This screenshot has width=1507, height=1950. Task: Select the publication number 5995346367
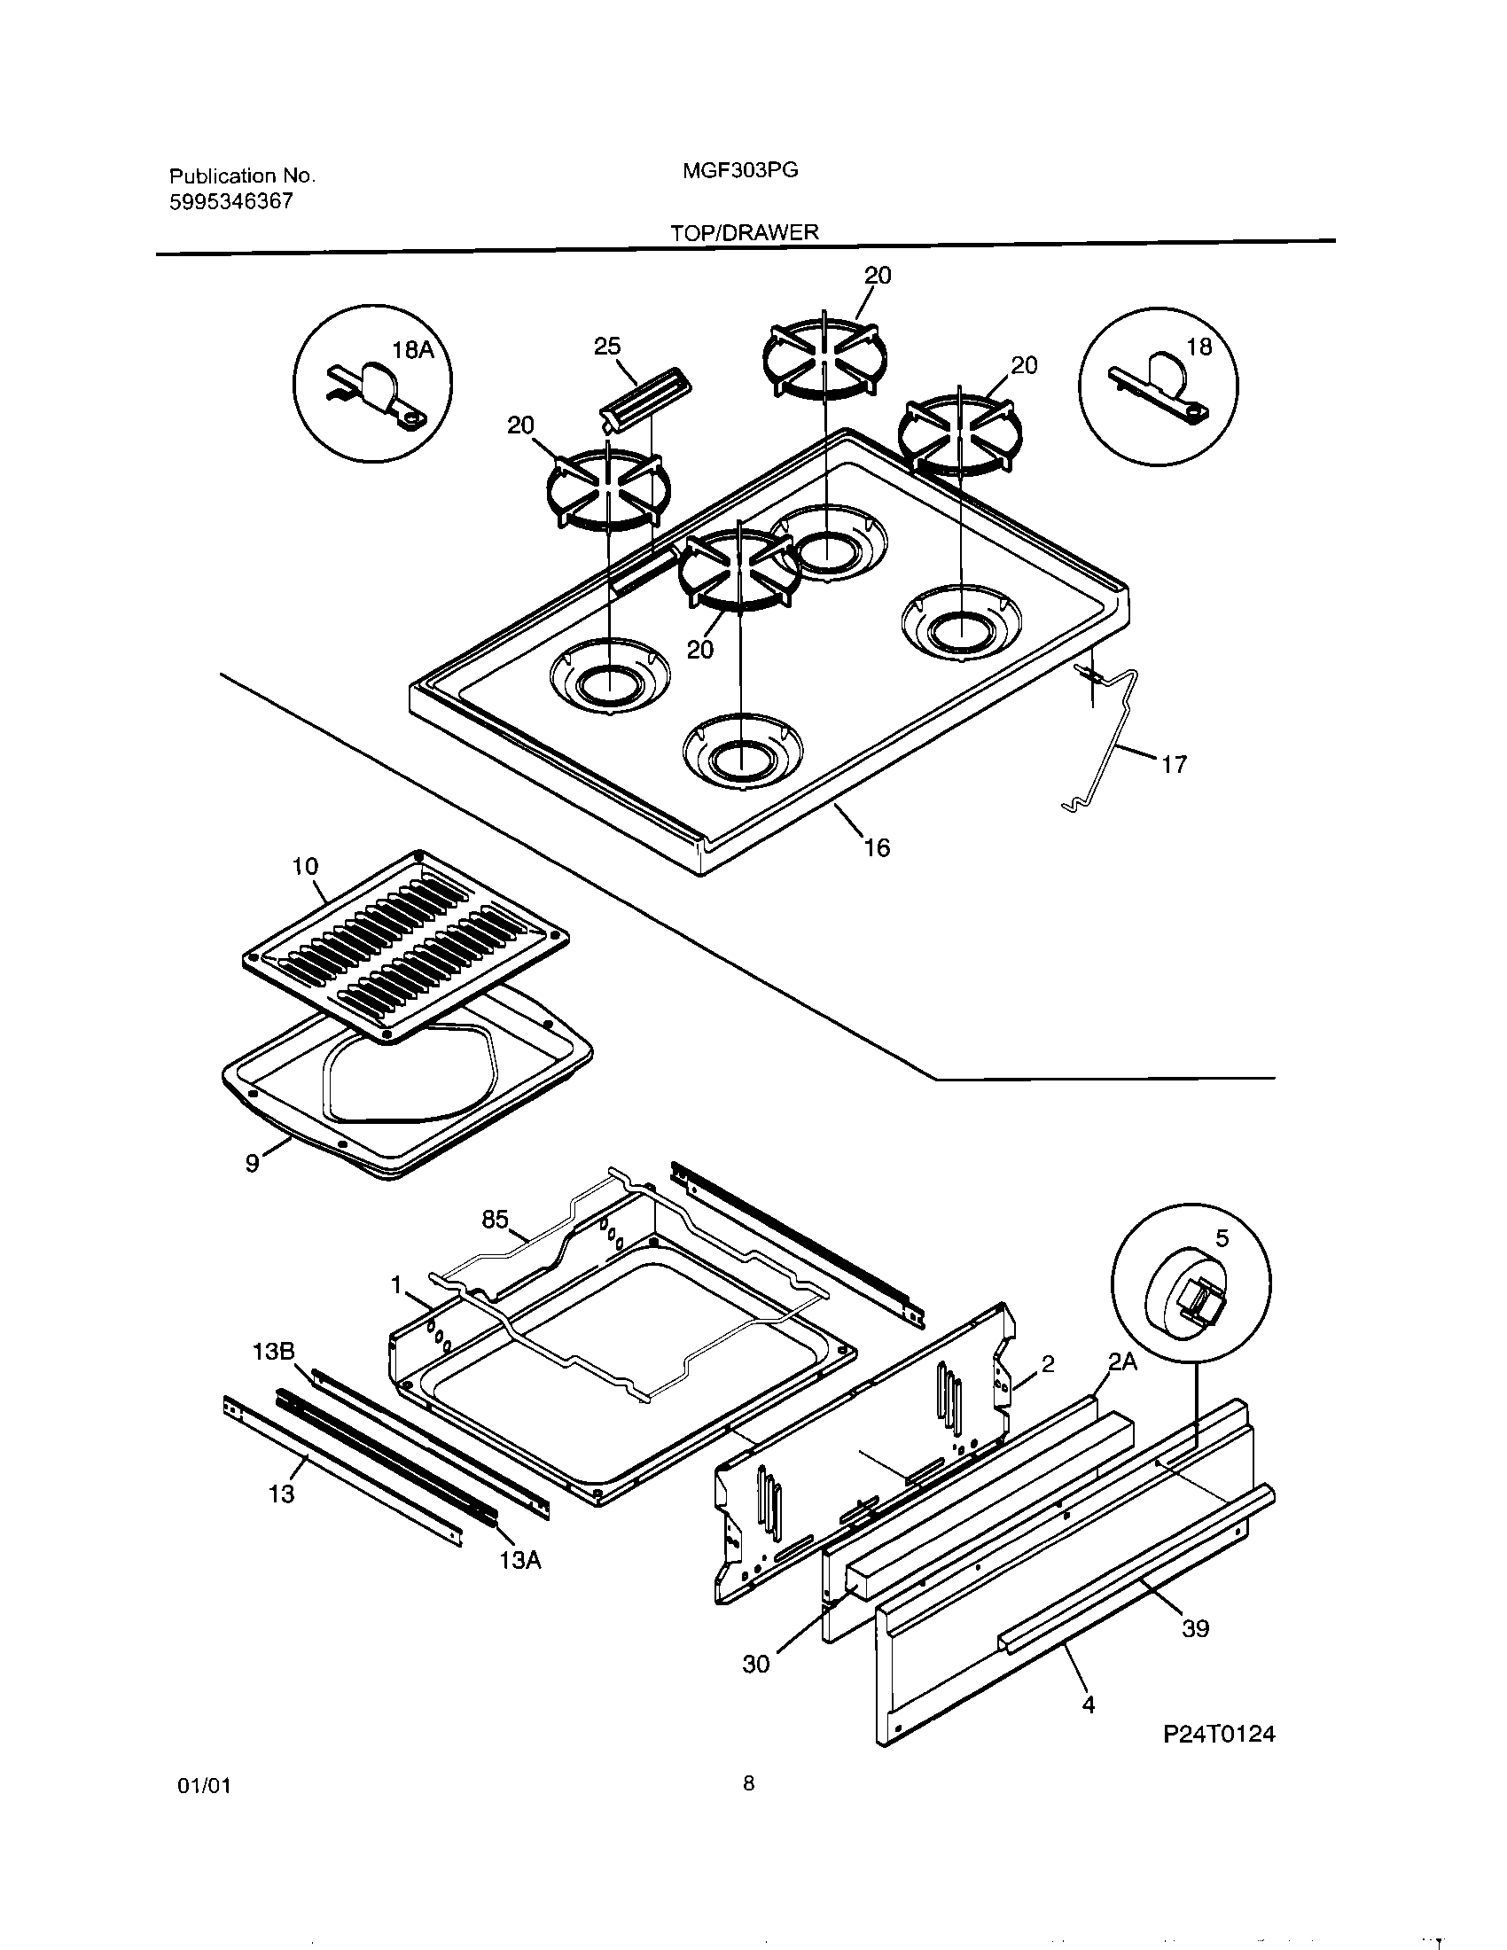231,202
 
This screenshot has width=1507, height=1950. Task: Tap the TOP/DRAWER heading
745,232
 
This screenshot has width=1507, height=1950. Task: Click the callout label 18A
413,350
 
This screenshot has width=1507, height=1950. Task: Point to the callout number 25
607,347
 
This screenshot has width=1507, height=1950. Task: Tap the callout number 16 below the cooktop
877,846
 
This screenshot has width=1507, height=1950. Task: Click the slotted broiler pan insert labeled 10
406,947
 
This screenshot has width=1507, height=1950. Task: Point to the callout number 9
253,1164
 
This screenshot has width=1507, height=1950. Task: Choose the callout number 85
495,1220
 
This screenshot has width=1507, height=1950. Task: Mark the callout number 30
755,1665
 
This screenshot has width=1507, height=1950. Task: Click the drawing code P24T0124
1220,1734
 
